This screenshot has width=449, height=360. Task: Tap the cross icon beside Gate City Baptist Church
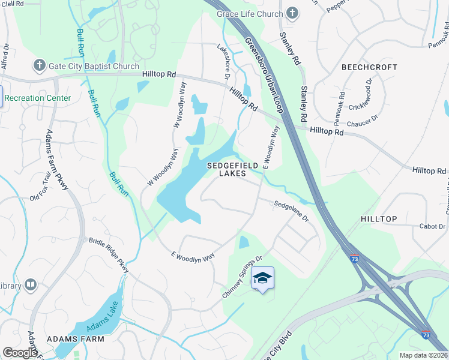point(39,65)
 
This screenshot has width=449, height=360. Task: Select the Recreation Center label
point(37,98)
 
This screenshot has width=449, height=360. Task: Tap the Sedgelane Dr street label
point(291,211)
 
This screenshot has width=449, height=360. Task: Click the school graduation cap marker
point(263,278)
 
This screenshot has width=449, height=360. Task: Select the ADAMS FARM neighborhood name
point(78,339)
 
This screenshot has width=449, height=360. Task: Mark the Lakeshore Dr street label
point(222,62)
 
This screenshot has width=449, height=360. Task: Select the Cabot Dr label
point(432,226)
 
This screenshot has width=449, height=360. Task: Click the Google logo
point(20,352)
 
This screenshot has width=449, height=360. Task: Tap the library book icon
point(31,284)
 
